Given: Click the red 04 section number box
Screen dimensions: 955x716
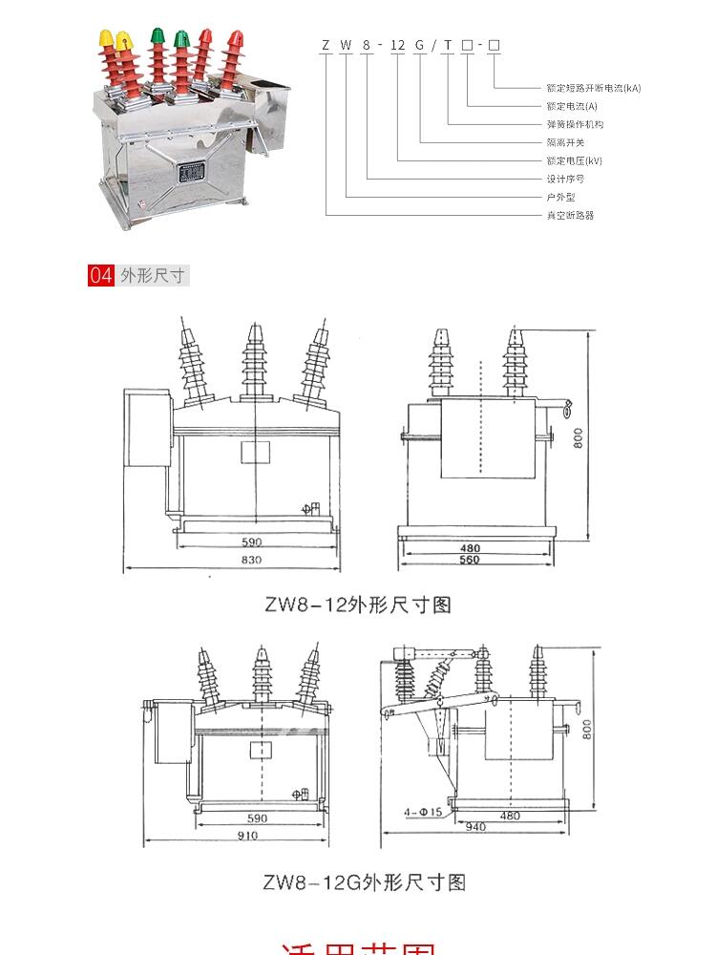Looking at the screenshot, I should (101, 276).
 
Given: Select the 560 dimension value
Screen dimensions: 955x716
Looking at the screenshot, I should (469, 560).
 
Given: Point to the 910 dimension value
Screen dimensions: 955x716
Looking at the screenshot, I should (245, 836).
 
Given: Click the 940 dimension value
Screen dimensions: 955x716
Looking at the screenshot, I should (474, 827).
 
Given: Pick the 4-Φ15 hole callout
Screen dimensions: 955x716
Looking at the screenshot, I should (422, 813).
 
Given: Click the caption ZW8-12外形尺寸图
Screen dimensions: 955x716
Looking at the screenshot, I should (357, 605).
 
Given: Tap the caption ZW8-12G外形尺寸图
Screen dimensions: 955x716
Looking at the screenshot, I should (364, 882).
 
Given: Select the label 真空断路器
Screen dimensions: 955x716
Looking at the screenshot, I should (570, 216).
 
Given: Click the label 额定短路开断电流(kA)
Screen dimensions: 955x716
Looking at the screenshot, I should (593, 88).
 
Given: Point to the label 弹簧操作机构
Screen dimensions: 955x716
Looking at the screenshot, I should (575, 124).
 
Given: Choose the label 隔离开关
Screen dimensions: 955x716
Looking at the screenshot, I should (565, 142).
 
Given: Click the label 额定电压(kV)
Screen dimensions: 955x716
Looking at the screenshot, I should (575, 160).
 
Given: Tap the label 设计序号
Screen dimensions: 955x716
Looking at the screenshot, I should (565, 179).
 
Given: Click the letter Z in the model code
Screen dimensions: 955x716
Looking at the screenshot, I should (326, 45).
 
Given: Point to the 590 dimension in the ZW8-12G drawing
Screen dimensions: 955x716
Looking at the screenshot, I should (257, 818).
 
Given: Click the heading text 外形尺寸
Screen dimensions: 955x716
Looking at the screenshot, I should (152, 276).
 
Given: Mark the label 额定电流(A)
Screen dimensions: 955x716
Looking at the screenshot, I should (572, 106).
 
